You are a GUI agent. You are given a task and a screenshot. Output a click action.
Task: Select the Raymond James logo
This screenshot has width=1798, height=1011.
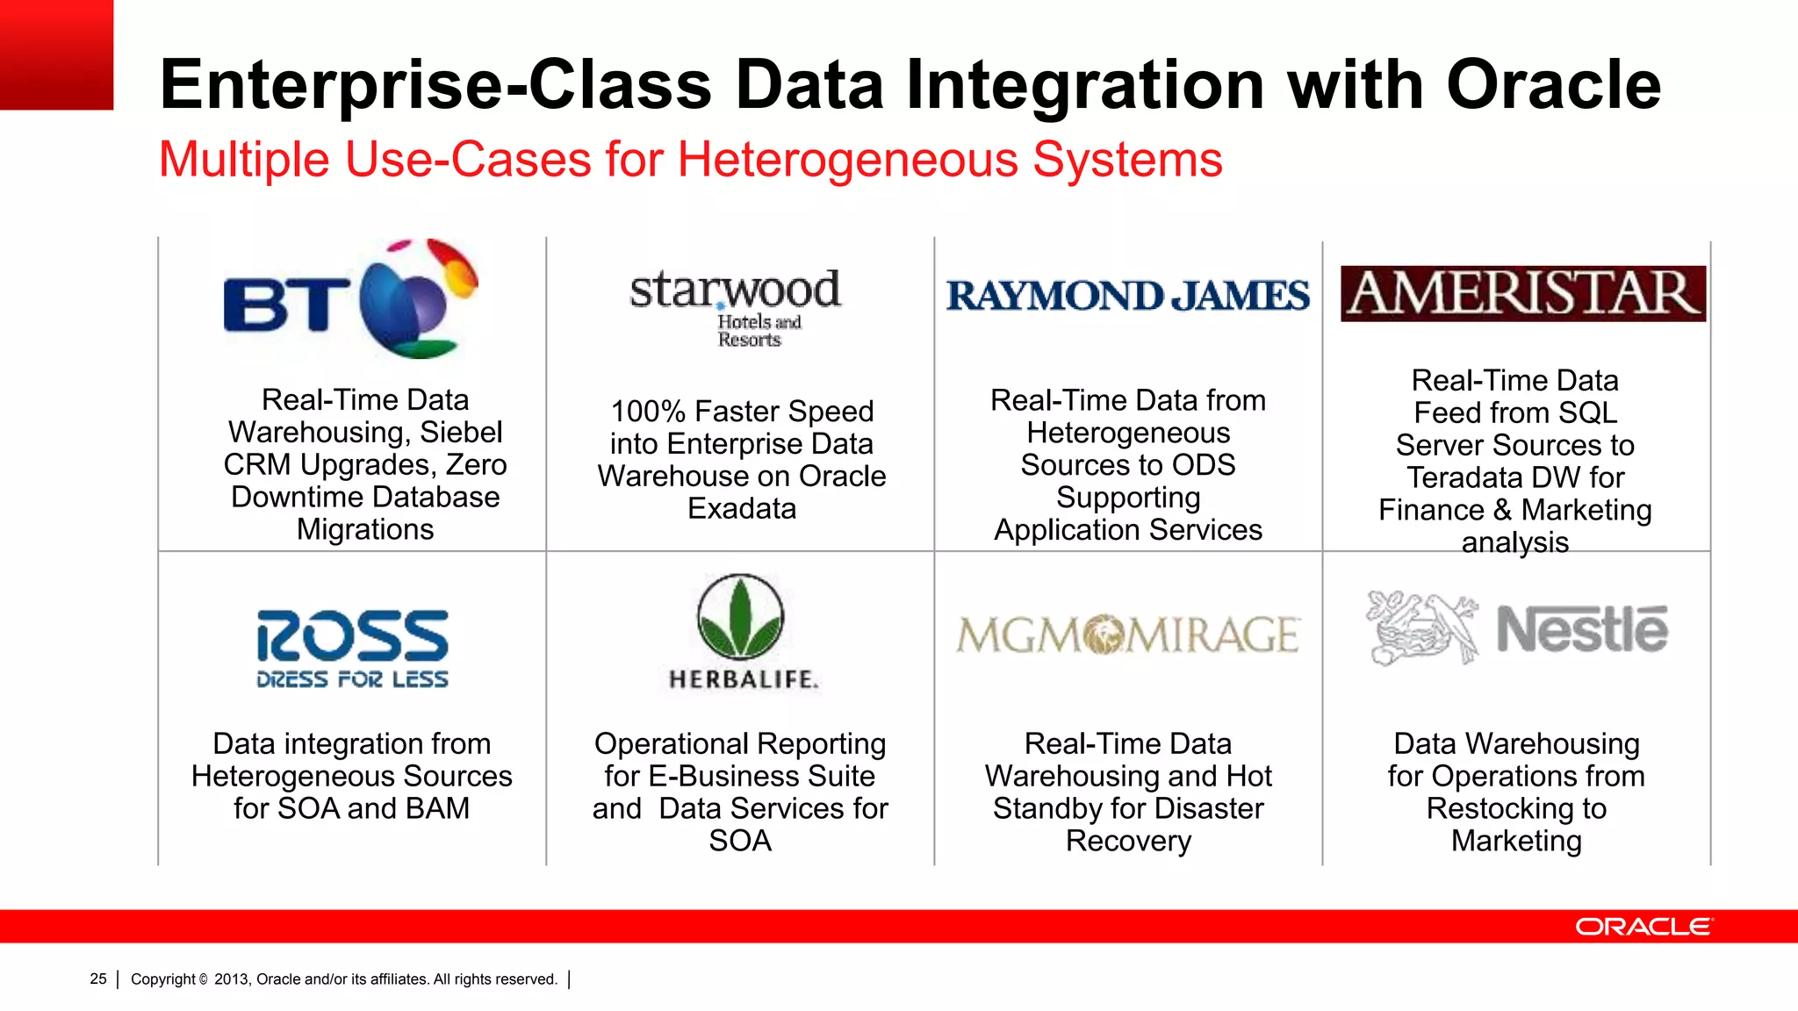click(x=1127, y=296)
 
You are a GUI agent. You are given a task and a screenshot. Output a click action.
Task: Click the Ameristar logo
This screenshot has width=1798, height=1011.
click(x=1523, y=294)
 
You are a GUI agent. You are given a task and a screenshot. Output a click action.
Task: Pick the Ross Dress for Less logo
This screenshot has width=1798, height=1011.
click(x=352, y=649)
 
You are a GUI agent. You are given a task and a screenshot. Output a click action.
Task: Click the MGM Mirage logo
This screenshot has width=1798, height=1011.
click(x=1127, y=635)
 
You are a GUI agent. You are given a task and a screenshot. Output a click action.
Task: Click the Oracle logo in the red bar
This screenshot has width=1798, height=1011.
click(x=1643, y=927)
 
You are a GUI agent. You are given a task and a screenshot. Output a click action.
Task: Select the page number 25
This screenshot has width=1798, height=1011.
click(x=98, y=979)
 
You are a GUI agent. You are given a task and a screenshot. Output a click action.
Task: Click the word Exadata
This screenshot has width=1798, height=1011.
click(x=742, y=509)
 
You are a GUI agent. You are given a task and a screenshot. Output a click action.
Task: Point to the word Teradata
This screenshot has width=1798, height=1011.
click(x=1462, y=478)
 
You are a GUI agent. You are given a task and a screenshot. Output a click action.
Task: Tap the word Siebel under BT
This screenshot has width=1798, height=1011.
click(x=461, y=433)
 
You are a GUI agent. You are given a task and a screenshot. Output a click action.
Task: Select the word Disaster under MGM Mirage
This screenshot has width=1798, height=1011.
click(x=1208, y=809)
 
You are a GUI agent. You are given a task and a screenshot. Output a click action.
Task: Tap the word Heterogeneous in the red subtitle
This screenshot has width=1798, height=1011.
click(x=849, y=161)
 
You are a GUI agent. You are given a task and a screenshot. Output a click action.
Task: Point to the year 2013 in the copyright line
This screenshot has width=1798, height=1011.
click(x=232, y=979)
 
